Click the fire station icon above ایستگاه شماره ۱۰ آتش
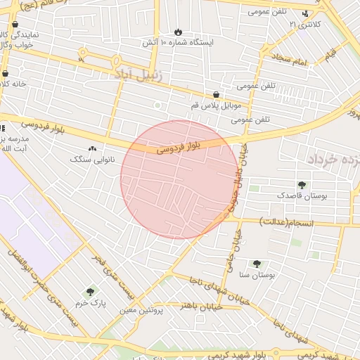(x=178, y=32)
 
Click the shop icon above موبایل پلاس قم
(x=216, y=95)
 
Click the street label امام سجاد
(x=291, y=63)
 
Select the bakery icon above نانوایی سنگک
(x=93, y=148)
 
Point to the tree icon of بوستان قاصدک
(x=302, y=185)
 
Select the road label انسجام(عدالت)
(x=285, y=221)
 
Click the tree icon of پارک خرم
(x=89, y=292)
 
